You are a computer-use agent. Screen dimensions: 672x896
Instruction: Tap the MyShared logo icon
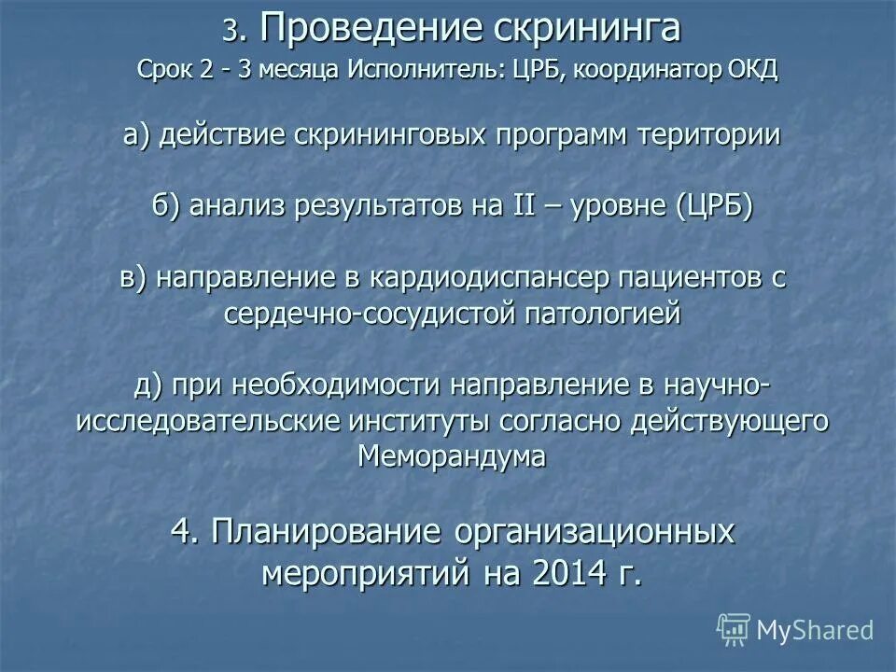(x=734, y=630)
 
